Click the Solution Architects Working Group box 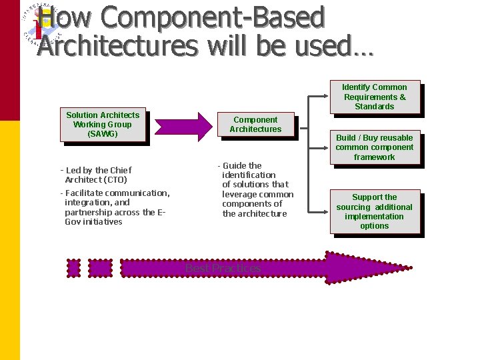pyautogui.click(x=103, y=125)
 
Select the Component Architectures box pyautogui.click(x=255, y=125)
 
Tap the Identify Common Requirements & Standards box pyautogui.click(x=374, y=97)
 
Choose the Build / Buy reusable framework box pyautogui.click(x=374, y=147)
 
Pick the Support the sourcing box pyautogui.click(x=374, y=211)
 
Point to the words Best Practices pyautogui.click(x=223, y=268)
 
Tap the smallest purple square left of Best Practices pyautogui.click(x=73, y=267)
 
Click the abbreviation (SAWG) pyautogui.click(x=103, y=134)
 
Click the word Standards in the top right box pyautogui.click(x=374, y=107)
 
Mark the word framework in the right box pyautogui.click(x=374, y=157)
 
